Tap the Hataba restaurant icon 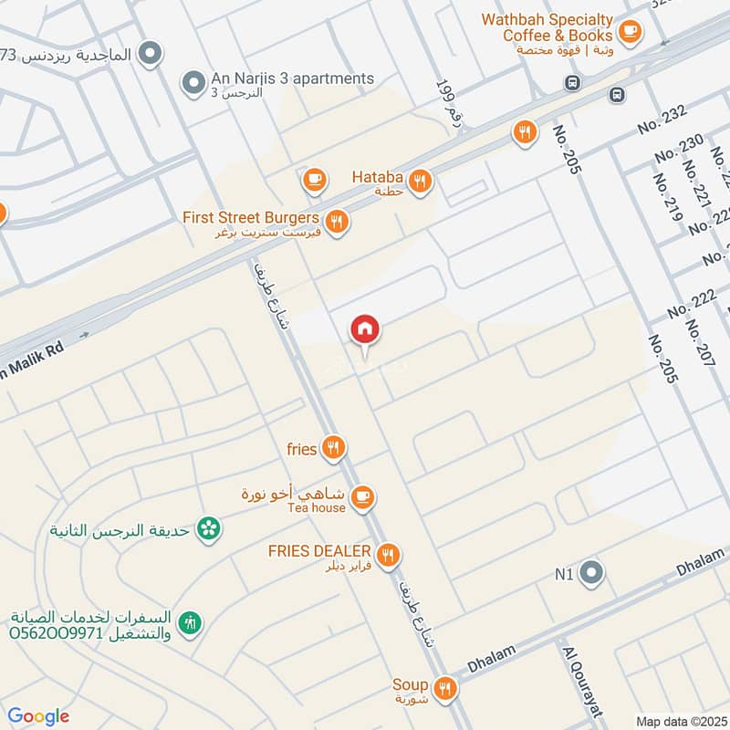click(420, 182)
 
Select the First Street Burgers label click(250, 218)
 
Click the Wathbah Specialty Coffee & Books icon click(629, 32)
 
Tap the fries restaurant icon click(334, 448)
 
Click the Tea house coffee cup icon click(363, 497)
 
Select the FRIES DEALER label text click(318, 551)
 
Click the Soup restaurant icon click(444, 688)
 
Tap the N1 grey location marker click(592, 574)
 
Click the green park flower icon click(210, 528)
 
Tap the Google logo click(39, 715)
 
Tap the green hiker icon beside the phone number click(191, 624)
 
